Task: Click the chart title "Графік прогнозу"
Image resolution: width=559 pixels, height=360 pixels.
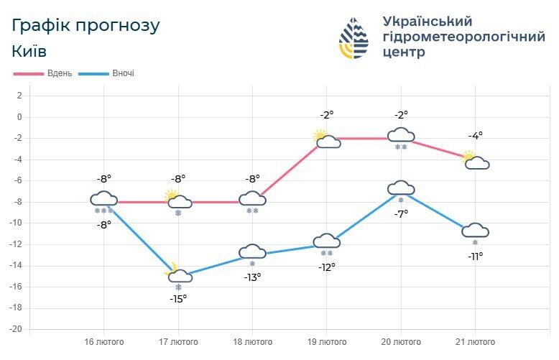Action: (86, 25)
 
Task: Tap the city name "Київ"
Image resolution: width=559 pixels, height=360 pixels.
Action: (29, 51)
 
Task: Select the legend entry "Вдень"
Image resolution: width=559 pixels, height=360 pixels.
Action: (59, 73)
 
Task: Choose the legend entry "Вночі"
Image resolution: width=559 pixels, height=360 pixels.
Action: (123, 73)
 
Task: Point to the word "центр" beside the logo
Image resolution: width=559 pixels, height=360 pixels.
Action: (404, 52)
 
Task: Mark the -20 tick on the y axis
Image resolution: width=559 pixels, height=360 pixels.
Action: (15, 329)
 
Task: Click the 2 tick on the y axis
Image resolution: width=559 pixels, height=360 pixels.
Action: (19, 96)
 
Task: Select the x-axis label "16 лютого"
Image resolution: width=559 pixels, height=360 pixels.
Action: (104, 341)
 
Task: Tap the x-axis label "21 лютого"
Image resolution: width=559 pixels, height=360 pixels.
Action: (475, 341)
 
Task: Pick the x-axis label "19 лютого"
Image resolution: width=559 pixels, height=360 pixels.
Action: (327, 341)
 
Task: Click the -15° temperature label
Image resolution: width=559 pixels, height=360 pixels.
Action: (178, 298)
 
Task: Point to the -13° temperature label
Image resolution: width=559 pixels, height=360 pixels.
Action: (252, 277)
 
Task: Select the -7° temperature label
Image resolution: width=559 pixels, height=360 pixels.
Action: (401, 213)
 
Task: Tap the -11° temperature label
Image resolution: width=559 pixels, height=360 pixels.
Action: (475, 255)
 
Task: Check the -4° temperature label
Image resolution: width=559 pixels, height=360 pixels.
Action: (475, 135)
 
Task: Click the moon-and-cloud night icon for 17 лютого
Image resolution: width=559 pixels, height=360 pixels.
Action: (178, 274)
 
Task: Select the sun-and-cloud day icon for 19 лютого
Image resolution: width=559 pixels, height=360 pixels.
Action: (326, 139)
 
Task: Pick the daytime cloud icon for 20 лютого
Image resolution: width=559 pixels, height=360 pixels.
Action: (401, 135)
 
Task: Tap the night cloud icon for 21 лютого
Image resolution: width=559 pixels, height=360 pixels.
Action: (475, 231)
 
